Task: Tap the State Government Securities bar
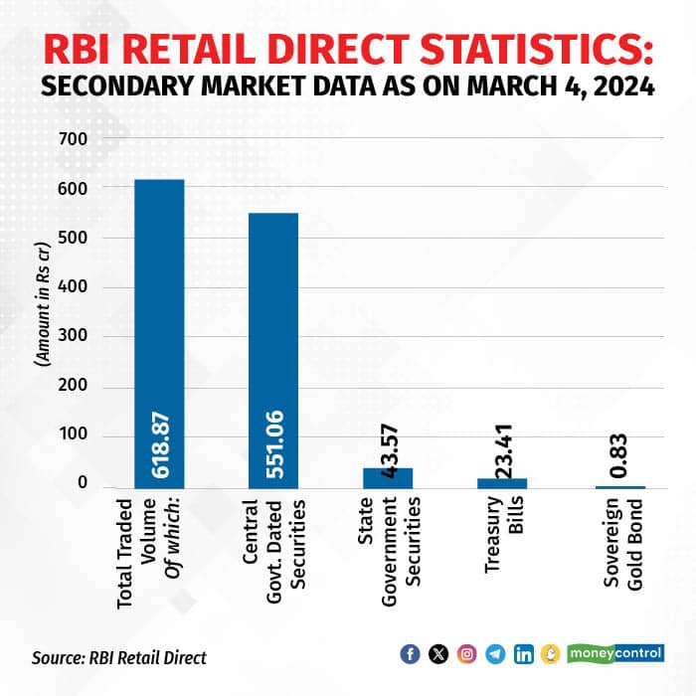(x=388, y=478)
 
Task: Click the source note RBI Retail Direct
(x=119, y=657)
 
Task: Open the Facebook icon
(x=409, y=654)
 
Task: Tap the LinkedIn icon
(x=524, y=654)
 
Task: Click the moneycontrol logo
(x=617, y=654)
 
